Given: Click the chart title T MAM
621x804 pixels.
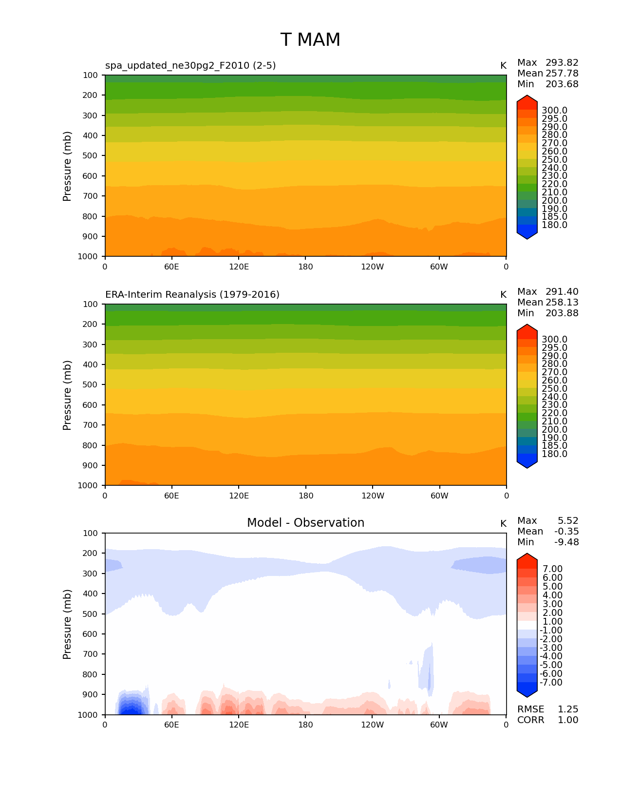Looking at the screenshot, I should pos(310,40).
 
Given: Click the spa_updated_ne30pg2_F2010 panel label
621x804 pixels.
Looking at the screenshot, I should pos(190,66).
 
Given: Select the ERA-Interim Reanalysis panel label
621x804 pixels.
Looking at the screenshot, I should pos(192,295).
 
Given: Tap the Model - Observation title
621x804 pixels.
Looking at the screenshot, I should pos(305,523).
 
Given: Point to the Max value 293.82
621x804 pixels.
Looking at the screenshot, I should pos(562,63).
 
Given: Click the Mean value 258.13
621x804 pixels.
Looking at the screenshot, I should pos(562,303).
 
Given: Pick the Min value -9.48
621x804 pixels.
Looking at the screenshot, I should pos(566,542).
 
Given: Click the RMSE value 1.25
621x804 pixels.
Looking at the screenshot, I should pos(567,709).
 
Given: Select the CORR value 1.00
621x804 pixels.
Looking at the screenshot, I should pos(567,720).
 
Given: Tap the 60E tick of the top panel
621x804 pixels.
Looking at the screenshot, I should pos(171,267).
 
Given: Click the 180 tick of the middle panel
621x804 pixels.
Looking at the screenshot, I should pos(305,496).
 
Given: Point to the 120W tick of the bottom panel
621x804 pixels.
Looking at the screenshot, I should pos(373,725).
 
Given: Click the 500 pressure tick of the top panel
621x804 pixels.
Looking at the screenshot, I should pos(90,156).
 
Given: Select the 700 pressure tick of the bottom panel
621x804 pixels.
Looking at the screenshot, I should pos(90,654).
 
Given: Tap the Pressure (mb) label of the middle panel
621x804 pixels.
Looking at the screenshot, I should pos(67,395).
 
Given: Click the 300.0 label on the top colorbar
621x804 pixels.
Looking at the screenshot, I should pos(554,111).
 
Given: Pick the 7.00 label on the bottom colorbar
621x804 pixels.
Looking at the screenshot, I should pos(552,569).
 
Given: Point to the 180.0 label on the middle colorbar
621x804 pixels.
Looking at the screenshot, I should pos(554,454).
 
